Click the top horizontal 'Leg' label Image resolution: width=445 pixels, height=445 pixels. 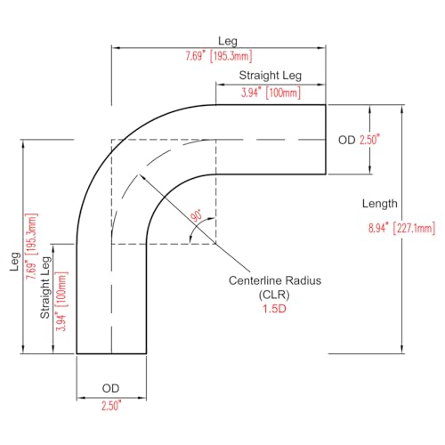(228, 41)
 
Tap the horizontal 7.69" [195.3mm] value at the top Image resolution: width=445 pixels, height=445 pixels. (219, 56)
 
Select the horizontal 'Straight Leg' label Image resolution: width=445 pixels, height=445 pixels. (271, 76)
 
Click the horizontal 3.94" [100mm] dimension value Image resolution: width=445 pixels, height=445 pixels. (271, 93)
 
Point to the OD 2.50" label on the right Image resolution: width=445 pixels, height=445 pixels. (359, 140)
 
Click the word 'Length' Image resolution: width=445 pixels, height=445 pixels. (380, 204)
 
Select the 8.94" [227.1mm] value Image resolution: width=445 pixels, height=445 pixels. (401, 228)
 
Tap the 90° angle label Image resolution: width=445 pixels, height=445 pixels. (196, 215)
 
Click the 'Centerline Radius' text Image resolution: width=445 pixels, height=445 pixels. (275, 280)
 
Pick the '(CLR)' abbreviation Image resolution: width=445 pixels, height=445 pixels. (274, 295)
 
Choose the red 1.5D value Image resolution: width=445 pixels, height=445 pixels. (274, 309)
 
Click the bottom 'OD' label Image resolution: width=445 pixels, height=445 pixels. (110, 388)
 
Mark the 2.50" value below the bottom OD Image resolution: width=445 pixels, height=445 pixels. (111, 406)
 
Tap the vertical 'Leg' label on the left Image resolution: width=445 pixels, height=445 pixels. (15, 262)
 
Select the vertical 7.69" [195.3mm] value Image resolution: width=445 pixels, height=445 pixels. (31, 247)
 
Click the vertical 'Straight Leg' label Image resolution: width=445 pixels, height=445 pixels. (45, 287)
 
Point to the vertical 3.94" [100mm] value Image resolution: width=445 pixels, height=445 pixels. (61, 301)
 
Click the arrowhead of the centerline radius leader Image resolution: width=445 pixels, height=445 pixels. (141, 175)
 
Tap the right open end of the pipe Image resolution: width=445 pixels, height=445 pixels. (326, 140)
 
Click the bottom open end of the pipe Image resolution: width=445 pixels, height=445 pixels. (111, 353)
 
